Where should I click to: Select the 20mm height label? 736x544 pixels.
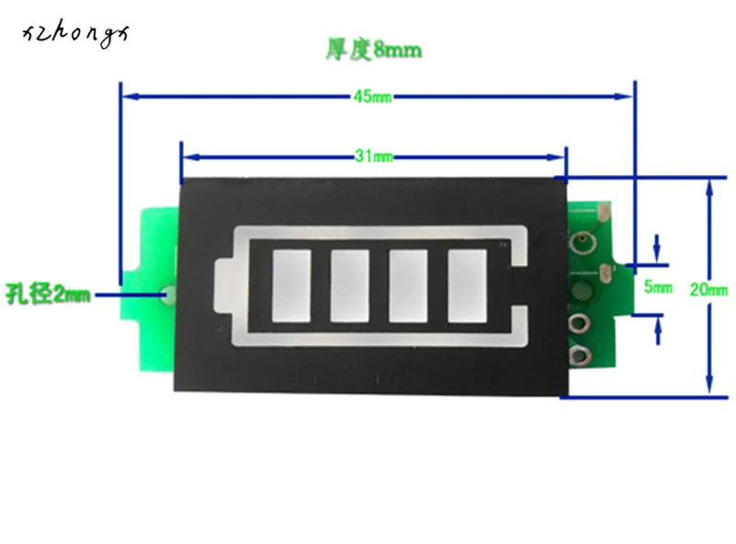[x=708, y=289]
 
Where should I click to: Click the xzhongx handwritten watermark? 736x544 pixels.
[x=76, y=36]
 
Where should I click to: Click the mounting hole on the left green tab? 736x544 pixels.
[x=167, y=295]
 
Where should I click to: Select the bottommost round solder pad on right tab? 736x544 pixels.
[x=581, y=355]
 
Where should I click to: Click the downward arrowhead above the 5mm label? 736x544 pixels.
[x=656, y=256]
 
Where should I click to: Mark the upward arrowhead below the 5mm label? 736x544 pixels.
[x=657, y=320]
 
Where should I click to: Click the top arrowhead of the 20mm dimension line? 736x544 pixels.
[x=707, y=184]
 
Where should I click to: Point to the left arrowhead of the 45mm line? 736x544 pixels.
[x=128, y=95]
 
